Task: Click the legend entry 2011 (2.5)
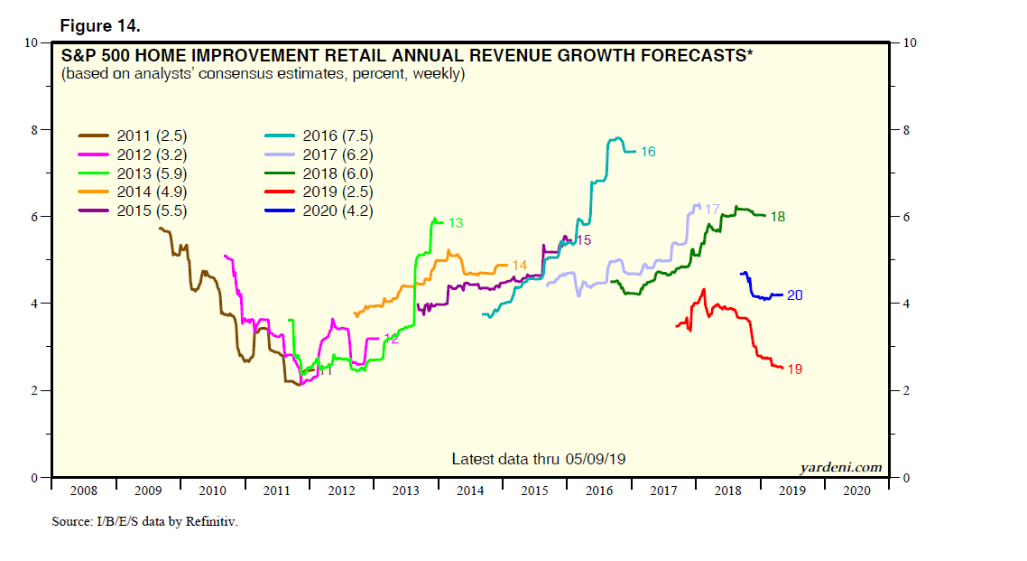pyautogui.click(x=136, y=136)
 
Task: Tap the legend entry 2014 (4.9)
pyautogui.click(x=136, y=192)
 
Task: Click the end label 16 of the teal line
pyautogui.click(x=648, y=152)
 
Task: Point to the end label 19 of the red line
pyautogui.click(x=795, y=369)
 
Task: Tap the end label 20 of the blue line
pyautogui.click(x=795, y=295)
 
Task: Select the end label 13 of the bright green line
pyautogui.click(x=456, y=222)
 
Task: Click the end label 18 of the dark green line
pyautogui.click(x=778, y=217)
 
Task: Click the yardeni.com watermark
pyautogui.click(x=841, y=467)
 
